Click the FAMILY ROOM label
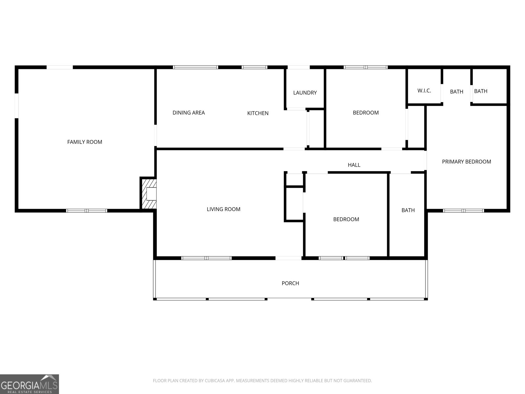85,142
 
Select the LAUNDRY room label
305,93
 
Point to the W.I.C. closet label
424,91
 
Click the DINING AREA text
189,113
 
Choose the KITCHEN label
258,113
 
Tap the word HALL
354,165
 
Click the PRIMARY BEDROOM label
466,162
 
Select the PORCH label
290,283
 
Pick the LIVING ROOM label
223,209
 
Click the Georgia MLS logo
30,384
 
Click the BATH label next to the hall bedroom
408,210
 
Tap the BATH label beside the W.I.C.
456,92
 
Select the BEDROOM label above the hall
366,113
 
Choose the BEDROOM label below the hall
346,219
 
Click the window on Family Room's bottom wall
87,210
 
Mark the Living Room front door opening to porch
288,258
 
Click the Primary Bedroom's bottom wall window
463,210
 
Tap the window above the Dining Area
195,67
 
